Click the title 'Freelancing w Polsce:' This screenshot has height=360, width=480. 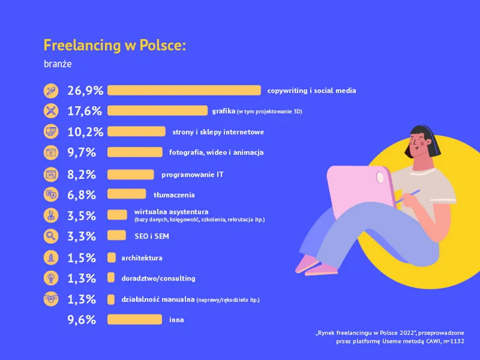click(115, 45)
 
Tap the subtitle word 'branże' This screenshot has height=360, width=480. click(57, 64)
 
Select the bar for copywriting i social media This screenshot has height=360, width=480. click(184, 90)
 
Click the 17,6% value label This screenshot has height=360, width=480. click(85, 111)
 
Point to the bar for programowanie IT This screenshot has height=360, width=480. click(131, 175)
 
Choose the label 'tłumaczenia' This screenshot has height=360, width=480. click(174, 195)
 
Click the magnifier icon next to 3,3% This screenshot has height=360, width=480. click(50, 236)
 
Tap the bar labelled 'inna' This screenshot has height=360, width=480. click(134, 320)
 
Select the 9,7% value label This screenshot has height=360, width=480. click(82, 153)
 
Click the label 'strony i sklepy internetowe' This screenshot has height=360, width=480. click(218, 132)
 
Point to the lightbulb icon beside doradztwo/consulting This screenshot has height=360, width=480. click(50, 278)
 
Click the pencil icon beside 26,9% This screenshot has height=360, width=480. click(50, 90)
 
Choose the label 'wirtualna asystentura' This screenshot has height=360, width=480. click(171, 212)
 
